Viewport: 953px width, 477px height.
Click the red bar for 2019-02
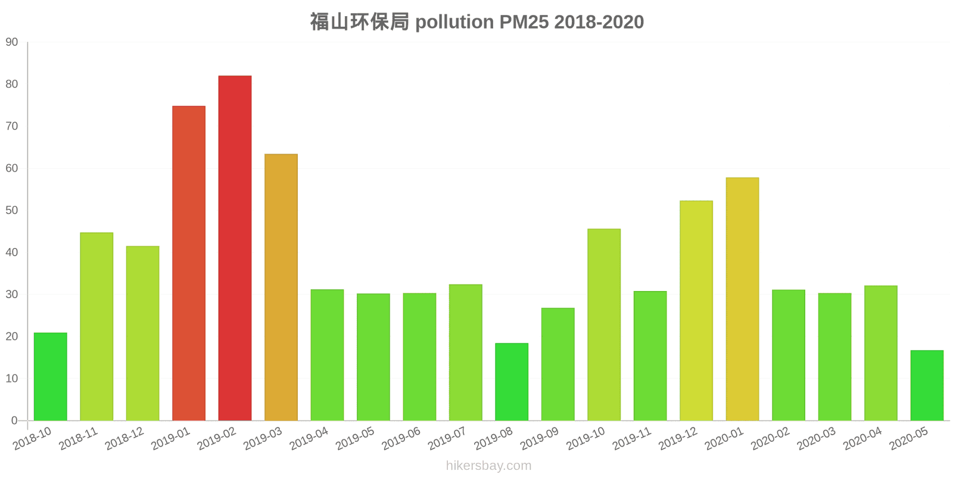point(235,248)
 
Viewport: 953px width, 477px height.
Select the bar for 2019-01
point(189,263)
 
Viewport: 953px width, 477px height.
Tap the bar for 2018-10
point(50,376)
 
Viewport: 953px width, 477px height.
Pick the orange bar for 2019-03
point(281,287)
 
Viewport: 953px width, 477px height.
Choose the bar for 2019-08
point(512,382)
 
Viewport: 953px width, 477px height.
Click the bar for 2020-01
point(742,299)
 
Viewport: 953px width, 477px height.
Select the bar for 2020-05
point(927,385)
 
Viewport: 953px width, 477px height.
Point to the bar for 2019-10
point(604,324)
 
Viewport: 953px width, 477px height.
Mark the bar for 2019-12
point(696,311)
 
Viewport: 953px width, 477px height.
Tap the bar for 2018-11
point(96,326)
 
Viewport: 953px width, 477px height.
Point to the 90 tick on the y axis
point(12,42)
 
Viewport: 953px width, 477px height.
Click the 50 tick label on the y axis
point(12,210)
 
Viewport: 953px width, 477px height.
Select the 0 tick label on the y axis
point(14,421)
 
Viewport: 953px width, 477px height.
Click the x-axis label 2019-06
point(401,439)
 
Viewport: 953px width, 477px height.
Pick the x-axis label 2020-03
point(816,439)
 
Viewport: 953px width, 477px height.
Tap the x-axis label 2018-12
point(124,439)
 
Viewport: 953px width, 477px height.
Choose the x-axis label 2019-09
point(539,439)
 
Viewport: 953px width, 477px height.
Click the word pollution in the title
point(454,22)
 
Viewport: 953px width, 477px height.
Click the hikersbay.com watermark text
point(488,466)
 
